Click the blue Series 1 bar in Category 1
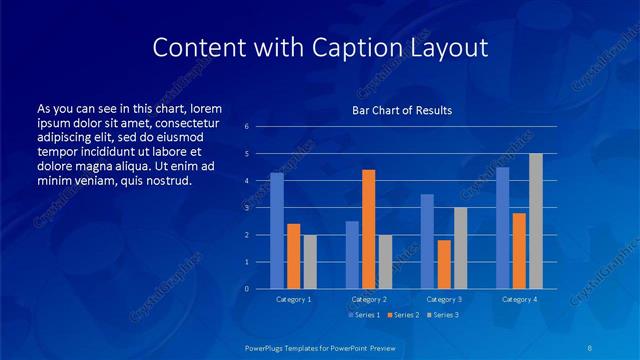tap(277, 231)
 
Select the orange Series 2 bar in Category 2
tap(368, 229)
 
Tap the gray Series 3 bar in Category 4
tap(536, 221)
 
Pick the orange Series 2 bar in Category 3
tap(444, 264)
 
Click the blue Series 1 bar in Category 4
tap(503, 228)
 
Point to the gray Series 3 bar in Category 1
tap(310, 262)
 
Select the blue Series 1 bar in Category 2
tap(352, 255)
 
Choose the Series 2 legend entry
tap(402, 315)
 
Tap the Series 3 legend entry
tap(444, 315)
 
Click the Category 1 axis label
tap(293, 299)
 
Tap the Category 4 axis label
tap(519, 299)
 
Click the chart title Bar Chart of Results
tap(402, 110)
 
